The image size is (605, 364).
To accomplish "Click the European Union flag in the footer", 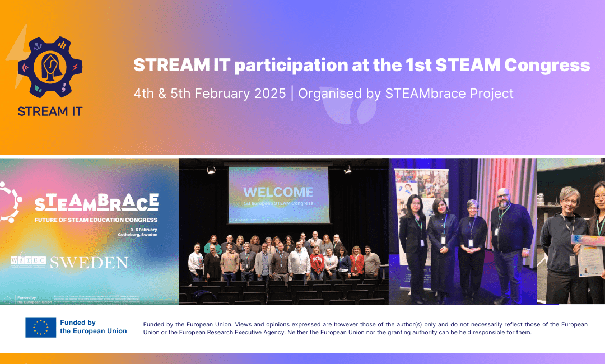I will [40, 327].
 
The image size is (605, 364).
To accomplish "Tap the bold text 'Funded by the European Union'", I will [93, 327].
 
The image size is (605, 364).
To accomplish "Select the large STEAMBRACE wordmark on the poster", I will [96, 203].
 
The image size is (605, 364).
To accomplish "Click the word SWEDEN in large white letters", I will [89, 262].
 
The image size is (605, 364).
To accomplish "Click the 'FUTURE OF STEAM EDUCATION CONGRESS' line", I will [96, 220].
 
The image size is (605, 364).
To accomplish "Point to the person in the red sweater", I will [318, 263].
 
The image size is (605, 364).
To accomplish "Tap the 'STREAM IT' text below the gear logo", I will [50, 111].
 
